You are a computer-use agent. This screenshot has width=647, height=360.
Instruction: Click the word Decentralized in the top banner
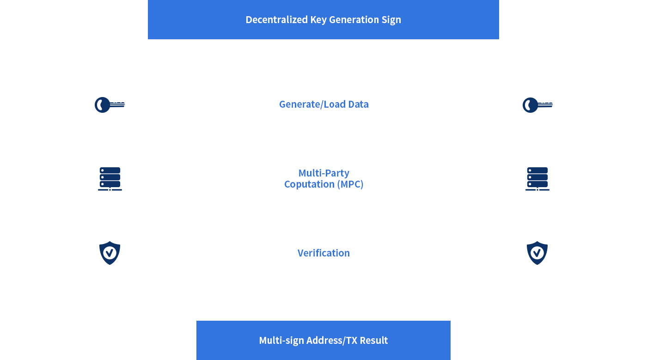point(276,20)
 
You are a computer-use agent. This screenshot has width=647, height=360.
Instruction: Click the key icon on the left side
point(110,105)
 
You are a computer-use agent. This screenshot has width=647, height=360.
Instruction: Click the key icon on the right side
point(537,105)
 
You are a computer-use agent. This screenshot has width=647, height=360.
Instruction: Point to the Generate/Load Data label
point(324,104)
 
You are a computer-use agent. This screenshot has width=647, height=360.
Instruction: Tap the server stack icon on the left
point(110,179)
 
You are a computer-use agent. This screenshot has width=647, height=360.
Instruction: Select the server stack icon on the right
point(537,179)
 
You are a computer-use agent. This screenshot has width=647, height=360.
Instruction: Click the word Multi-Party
point(324,173)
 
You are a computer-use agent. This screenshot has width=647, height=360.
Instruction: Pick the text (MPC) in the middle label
point(350,184)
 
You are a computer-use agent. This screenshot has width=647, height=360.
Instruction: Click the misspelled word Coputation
point(309,184)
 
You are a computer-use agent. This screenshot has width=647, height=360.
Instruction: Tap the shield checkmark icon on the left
point(110,253)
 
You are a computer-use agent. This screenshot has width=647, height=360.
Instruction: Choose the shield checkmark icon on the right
point(537,253)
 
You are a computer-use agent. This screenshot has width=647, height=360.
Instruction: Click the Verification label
point(324,253)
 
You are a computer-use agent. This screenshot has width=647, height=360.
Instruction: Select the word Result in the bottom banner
point(374,340)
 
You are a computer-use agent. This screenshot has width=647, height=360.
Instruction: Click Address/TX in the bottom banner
point(332,341)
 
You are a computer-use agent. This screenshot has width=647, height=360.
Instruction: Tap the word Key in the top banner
point(318,20)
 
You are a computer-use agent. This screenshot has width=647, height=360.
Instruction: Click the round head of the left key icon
point(102,105)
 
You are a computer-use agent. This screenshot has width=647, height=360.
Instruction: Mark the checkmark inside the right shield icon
point(537,253)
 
